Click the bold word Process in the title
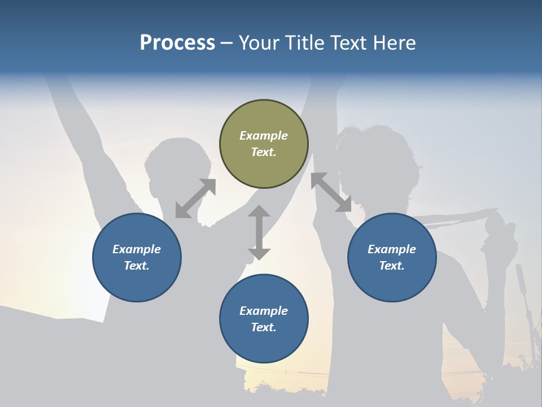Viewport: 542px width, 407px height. pyautogui.click(x=177, y=43)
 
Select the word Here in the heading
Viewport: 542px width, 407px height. pyautogui.click(x=395, y=43)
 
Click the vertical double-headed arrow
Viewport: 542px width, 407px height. pyautogui.click(x=259, y=232)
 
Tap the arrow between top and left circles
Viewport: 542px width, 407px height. pyautogui.click(x=195, y=198)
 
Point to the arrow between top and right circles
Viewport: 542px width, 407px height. pyautogui.click(x=331, y=192)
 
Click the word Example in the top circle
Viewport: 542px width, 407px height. pyautogui.click(x=264, y=136)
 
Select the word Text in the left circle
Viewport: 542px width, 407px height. pyautogui.click(x=137, y=266)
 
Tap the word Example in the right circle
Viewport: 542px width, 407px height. pyautogui.click(x=392, y=249)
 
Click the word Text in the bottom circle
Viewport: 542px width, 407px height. pyautogui.click(x=264, y=327)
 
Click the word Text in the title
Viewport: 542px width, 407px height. pyautogui.click(x=346, y=43)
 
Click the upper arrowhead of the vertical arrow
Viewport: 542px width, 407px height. pyautogui.click(x=259, y=211)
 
